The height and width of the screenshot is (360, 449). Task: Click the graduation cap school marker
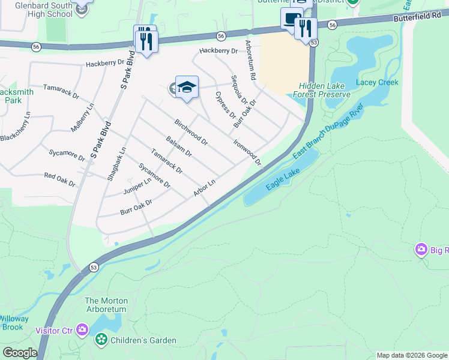tap(187, 88)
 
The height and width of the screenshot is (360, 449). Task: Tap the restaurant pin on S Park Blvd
tap(145, 40)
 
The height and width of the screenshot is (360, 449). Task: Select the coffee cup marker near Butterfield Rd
tap(292, 18)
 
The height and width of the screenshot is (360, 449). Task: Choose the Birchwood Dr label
tap(191, 133)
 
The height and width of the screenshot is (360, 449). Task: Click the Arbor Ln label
tap(204, 188)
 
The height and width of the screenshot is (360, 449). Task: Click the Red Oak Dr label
tap(59, 178)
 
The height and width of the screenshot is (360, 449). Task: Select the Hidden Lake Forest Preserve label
tap(321, 91)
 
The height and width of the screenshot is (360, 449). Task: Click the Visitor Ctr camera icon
tap(82, 330)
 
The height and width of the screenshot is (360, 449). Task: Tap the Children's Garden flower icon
tap(101, 340)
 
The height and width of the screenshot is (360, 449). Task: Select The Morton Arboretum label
tap(105, 305)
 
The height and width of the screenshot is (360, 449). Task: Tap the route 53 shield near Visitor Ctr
tap(94, 266)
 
